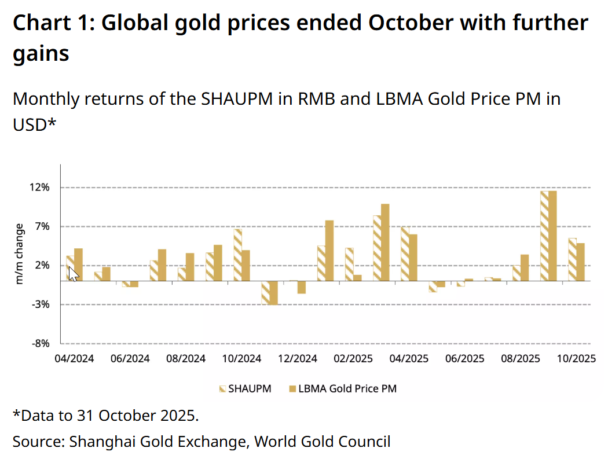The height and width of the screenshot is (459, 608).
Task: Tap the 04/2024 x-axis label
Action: click(x=74, y=358)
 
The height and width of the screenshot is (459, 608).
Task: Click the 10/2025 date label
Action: click(x=577, y=358)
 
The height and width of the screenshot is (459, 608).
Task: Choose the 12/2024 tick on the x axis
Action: click(x=298, y=358)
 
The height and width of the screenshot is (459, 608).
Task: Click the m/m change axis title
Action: click(x=20, y=254)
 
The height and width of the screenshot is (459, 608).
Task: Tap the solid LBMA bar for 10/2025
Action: click(x=580, y=262)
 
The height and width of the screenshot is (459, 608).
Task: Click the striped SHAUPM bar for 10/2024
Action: click(x=237, y=255)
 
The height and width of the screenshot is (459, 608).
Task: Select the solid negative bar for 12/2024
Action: click(x=301, y=287)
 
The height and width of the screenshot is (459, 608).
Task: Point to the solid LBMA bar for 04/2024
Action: click(x=78, y=265)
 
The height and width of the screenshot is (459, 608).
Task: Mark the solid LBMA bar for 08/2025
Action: click(x=525, y=267)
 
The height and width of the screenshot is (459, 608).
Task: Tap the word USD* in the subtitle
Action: click(x=34, y=124)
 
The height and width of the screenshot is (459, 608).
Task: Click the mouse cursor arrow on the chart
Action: click(x=73, y=273)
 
